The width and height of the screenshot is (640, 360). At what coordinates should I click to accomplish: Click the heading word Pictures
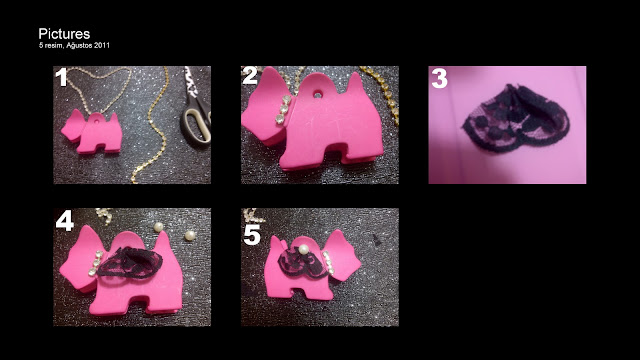(64, 34)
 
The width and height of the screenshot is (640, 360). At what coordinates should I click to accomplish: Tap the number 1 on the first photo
(61, 77)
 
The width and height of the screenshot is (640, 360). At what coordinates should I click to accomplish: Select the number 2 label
(250, 76)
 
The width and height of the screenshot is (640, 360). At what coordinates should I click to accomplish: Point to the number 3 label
(439, 79)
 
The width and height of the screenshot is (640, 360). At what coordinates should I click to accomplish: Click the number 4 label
(64, 221)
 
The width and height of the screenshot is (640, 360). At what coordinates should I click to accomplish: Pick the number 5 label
(252, 235)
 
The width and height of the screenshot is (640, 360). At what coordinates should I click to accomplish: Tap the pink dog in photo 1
(92, 131)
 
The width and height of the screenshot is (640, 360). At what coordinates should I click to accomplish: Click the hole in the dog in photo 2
(318, 94)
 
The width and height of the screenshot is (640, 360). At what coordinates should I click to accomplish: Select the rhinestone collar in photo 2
(283, 109)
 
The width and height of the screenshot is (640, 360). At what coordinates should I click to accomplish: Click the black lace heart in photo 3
(516, 119)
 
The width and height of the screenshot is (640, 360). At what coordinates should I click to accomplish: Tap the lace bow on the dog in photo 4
(131, 263)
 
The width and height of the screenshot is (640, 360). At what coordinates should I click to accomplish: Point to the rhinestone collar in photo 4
(96, 263)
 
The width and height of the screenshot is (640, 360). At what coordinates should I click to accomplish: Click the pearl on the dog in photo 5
(303, 249)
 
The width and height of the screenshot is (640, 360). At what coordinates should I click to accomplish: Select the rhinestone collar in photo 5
(328, 262)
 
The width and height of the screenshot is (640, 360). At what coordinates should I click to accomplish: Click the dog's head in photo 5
(343, 256)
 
